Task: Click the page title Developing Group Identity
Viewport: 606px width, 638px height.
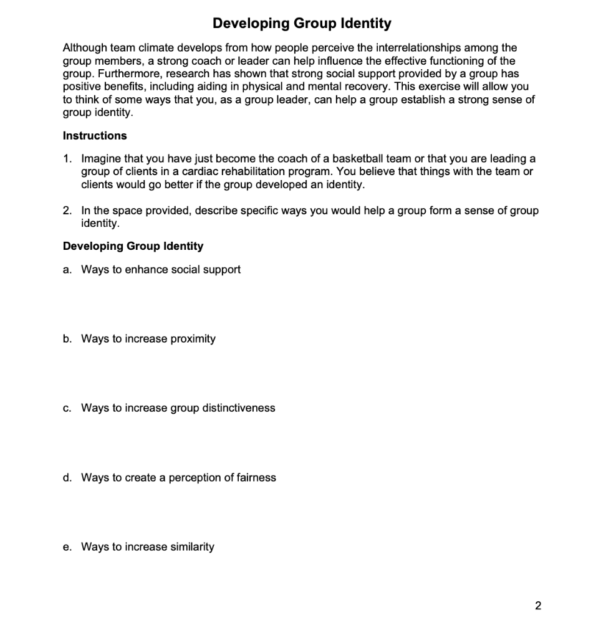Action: point(302,24)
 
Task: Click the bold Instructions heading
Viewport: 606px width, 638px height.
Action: point(95,135)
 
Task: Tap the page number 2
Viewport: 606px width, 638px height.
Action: point(539,605)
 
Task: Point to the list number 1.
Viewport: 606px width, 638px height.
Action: point(66,159)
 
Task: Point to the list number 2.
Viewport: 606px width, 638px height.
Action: point(66,211)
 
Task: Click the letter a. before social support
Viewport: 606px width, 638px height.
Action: point(67,269)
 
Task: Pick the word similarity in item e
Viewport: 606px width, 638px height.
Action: point(192,546)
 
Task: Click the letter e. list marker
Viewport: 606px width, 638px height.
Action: point(67,546)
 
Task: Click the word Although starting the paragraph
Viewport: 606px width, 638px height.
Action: point(83,47)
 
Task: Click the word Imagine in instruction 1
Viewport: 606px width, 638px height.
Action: point(101,159)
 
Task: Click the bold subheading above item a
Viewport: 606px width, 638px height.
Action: point(133,246)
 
